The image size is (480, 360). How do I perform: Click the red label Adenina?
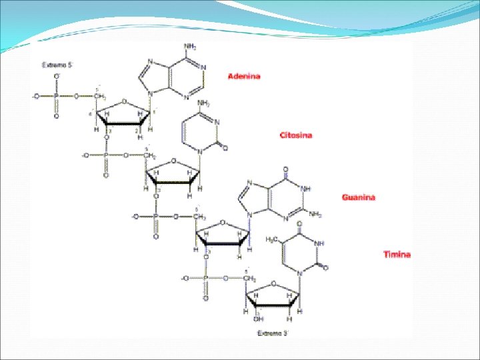(x=244, y=77)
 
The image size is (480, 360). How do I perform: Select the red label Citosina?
(x=295, y=135)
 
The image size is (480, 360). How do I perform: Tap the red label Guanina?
(x=359, y=197)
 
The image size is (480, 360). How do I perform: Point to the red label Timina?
(x=397, y=254)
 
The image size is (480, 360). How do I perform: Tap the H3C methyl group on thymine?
(x=273, y=239)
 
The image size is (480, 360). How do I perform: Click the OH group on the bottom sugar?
(x=259, y=319)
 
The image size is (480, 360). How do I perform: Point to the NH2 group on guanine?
(x=315, y=215)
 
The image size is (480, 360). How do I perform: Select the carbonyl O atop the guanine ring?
(x=286, y=169)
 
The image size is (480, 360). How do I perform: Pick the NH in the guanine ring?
(x=307, y=189)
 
